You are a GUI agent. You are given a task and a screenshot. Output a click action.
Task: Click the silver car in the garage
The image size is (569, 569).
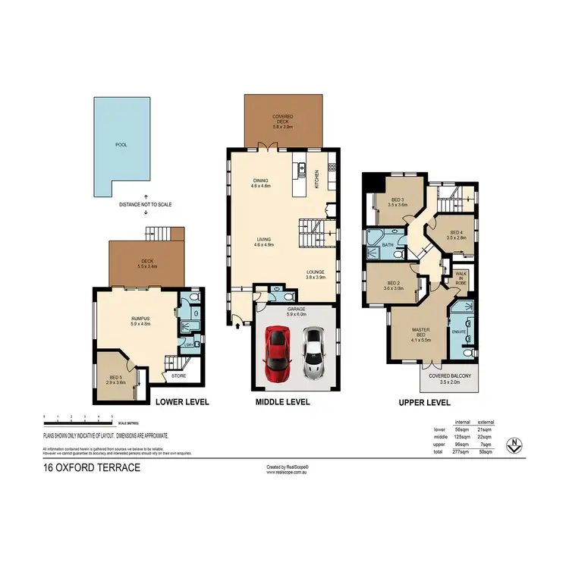tap(313, 353)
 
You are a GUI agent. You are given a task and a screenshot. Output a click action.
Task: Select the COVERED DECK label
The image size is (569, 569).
tap(282, 118)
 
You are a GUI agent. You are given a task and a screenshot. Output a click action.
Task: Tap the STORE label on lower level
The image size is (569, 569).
tap(178, 376)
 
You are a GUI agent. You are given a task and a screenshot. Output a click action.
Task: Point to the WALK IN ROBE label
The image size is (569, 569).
tap(461, 279)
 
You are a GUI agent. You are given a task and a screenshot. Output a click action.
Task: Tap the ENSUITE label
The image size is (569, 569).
tap(457, 331)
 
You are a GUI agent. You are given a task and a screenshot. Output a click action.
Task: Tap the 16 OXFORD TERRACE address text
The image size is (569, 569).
tap(91, 467)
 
